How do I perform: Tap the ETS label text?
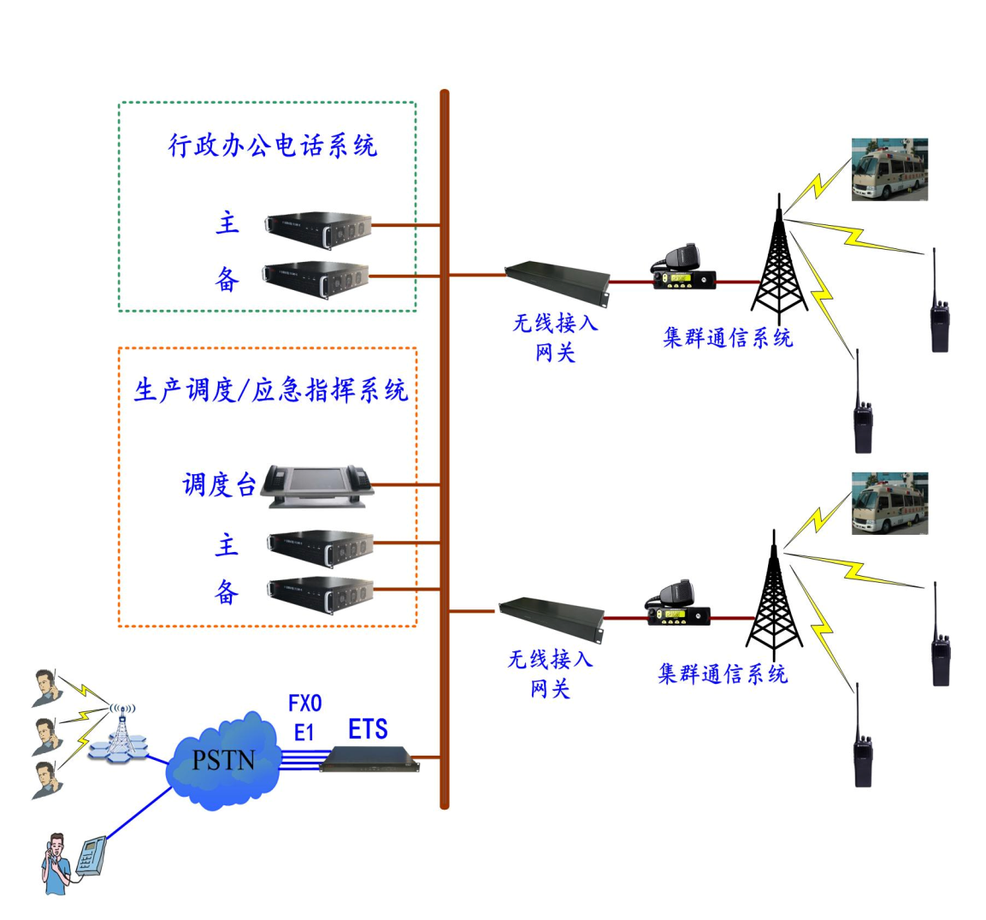coord(368,729)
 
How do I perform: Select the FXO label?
coord(305,703)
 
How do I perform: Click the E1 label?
coord(304,733)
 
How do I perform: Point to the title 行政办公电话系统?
coord(272,145)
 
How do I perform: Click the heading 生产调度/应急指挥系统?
coord(270,390)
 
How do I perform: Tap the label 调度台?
coord(219,485)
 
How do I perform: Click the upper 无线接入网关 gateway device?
coord(557,282)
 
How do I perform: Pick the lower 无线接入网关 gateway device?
coord(552,618)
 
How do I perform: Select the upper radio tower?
coord(777,257)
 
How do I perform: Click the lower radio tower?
coord(773,595)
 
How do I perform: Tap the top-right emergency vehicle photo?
coord(889,169)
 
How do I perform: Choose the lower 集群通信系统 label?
coord(723,674)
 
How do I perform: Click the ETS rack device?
coord(369,757)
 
